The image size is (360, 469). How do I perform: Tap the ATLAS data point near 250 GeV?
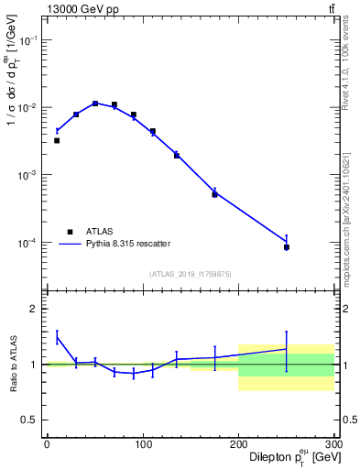pos(287,247)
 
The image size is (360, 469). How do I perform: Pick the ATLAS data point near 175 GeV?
pos(214,194)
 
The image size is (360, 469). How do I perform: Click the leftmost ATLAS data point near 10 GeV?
pos(57,140)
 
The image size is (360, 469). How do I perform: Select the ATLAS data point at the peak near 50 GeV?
pos(95,104)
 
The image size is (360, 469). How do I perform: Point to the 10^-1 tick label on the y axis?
pos(27,41)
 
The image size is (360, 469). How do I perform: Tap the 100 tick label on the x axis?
pos(143,443)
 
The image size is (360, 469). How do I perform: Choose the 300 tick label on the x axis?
pos(333,443)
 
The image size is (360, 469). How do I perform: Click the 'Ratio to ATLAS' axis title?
pos(12,364)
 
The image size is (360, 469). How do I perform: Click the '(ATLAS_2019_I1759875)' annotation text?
pos(191,273)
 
